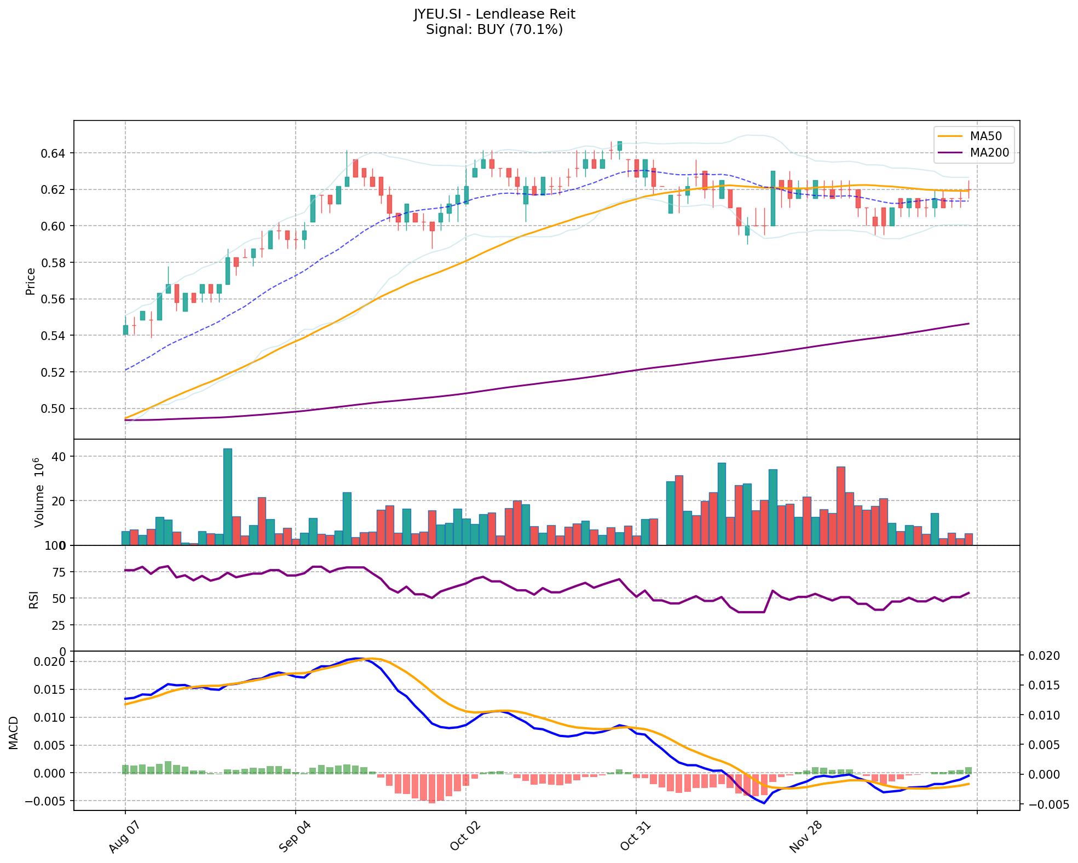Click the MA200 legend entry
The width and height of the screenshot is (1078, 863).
(x=989, y=153)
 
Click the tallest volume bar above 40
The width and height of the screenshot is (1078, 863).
(x=227, y=497)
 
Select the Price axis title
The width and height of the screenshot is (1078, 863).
(x=31, y=281)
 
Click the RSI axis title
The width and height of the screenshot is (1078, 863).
(x=34, y=599)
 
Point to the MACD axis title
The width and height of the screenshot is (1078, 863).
(x=14, y=733)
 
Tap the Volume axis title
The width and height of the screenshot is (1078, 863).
(x=39, y=492)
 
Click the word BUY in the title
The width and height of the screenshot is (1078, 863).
(x=491, y=30)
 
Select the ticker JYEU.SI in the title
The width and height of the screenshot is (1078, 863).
(x=439, y=14)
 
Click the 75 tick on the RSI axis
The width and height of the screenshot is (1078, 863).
(x=58, y=572)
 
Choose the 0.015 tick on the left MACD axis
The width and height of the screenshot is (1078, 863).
(x=50, y=689)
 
